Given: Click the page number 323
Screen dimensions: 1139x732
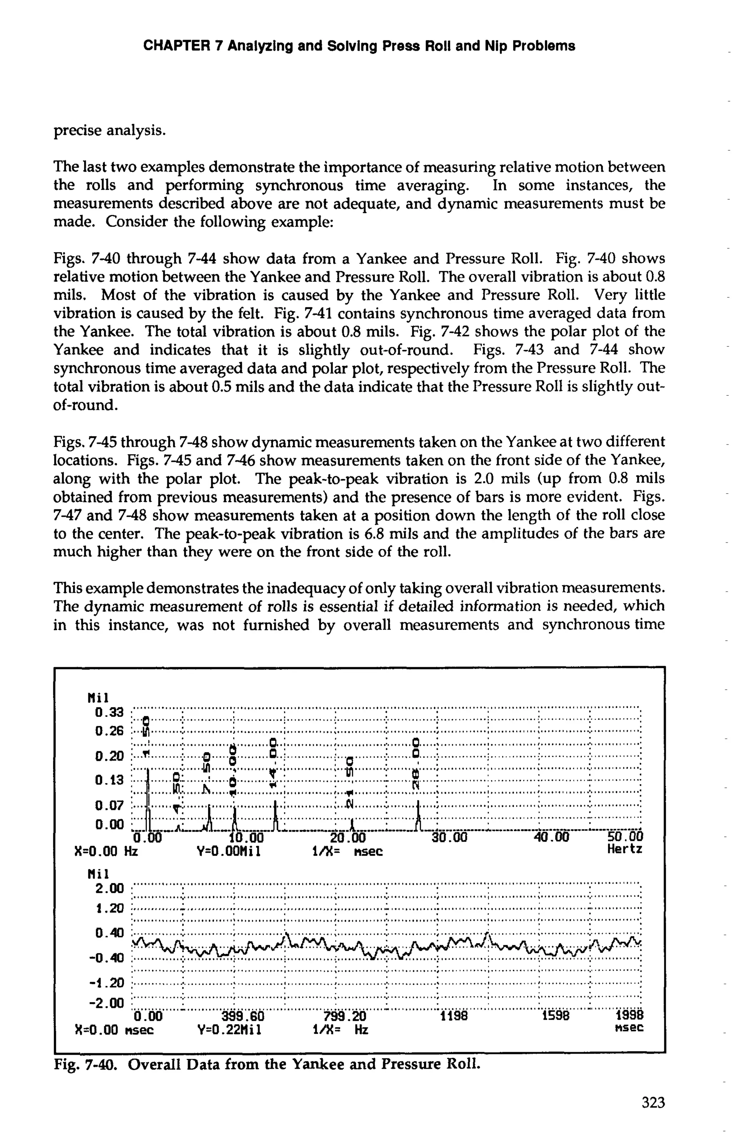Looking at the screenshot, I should click(653, 1103).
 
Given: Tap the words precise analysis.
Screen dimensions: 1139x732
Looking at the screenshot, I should click(109, 130).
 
